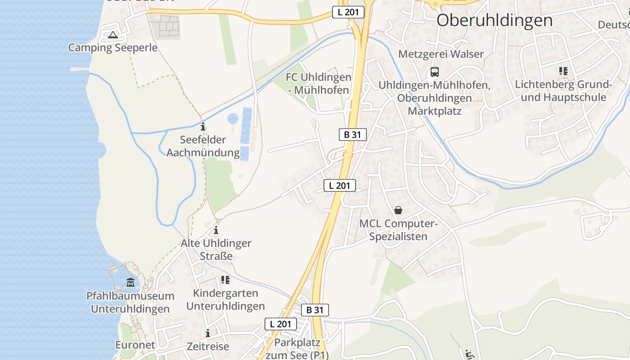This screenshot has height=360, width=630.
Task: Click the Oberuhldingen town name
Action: pos(494,20)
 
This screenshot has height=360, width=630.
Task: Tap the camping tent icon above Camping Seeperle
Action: pos(112,35)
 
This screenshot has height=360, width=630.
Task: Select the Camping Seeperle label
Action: pos(112,48)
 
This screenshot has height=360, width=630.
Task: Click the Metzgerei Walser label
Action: pos(441,54)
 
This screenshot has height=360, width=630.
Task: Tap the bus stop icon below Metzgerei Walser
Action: pos(434,72)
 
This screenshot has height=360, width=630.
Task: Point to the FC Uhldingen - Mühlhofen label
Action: pos(319,84)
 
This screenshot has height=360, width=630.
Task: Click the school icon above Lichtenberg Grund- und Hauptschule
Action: pos(563,71)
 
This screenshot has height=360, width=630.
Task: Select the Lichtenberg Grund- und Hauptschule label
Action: pos(563,91)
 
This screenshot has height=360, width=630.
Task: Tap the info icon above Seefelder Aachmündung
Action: pos(203,126)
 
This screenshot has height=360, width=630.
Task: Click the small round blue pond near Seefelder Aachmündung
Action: pos(233,119)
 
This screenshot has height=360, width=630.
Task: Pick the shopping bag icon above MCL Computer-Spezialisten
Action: pos(398,210)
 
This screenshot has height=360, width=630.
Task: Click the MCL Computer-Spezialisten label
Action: pos(398,230)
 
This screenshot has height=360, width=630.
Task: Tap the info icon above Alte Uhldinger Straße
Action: pos(216,230)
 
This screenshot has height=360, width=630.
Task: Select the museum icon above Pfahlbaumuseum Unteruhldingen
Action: pos(130,282)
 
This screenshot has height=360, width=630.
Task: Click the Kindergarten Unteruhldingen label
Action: pos(225,300)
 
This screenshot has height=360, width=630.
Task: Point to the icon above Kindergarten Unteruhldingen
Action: pos(225,280)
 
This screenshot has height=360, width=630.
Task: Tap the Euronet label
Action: pos(135,345)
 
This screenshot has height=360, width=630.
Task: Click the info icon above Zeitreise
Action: pos(208,333)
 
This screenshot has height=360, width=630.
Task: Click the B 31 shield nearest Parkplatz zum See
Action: pos(315,310)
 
